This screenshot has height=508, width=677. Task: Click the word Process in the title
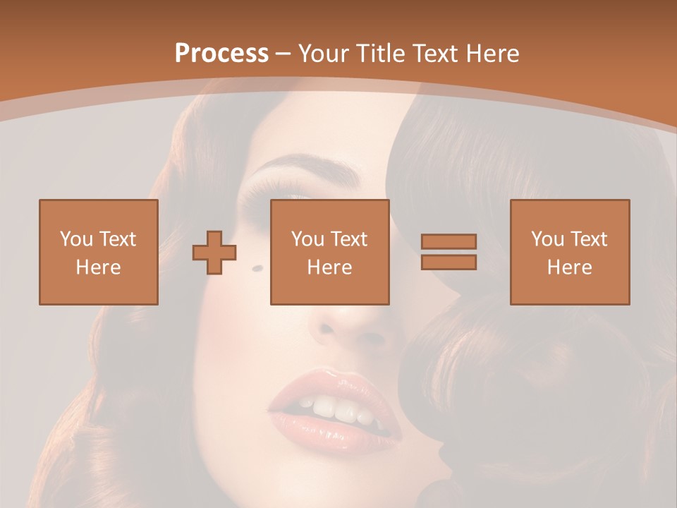221,54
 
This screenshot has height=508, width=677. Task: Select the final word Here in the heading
491,54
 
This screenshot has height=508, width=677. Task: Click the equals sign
449,252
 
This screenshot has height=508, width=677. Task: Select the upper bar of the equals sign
449,241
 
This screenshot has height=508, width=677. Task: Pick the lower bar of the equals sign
449,262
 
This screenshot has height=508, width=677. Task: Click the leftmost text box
98,252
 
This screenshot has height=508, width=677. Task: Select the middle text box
329,252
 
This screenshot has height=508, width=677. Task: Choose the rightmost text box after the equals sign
569,252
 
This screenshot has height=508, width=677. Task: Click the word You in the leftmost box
75,239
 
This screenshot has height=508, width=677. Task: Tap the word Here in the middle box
329,267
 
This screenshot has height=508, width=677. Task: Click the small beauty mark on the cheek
257,267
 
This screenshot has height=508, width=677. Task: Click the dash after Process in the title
283,54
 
